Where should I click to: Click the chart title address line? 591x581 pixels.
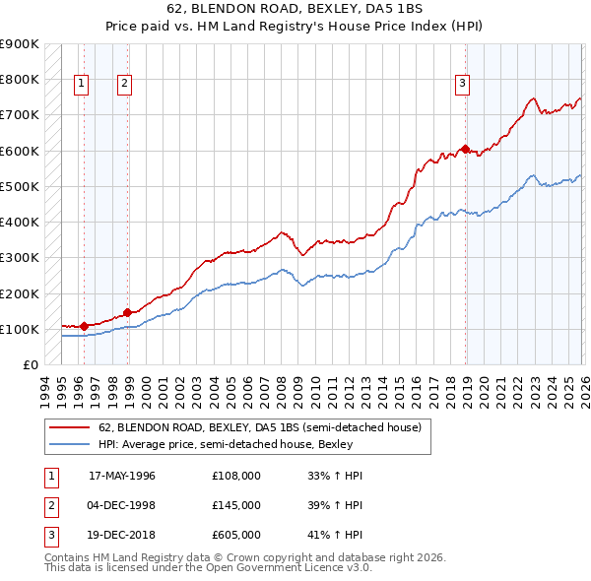tap(295, 11)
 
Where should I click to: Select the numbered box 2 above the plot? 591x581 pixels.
tap(124, 85)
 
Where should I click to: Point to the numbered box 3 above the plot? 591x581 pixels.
tap(461, 85)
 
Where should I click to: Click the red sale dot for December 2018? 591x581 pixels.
tap(465, 149)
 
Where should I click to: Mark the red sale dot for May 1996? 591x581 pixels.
tap(84, 326)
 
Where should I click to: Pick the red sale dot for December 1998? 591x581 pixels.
tap(127, 312)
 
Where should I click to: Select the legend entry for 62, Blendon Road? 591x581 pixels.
tap(260, 427)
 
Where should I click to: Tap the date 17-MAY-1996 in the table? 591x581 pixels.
tap(122, 476)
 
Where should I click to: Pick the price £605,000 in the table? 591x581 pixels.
tap(236, 535)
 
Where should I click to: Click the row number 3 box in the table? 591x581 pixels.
tap(48, 535)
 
